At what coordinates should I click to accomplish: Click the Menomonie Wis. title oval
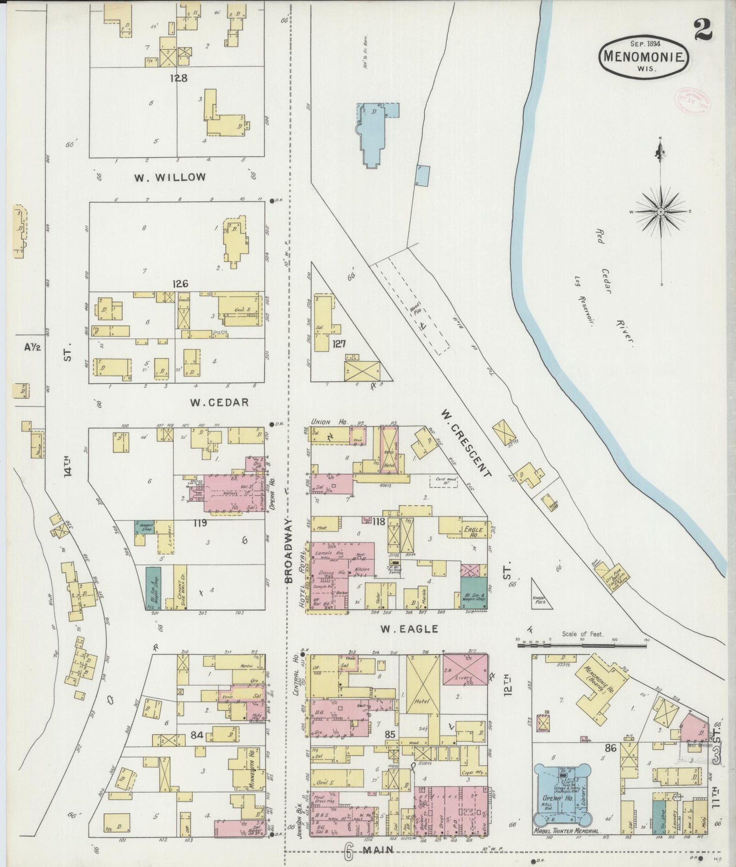(644, 57)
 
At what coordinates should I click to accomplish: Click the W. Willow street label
(170, 177)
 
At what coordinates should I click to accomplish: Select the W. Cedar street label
(219, 402)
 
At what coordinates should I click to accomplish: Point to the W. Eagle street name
(409, 629)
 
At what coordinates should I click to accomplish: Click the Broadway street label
(289, 551)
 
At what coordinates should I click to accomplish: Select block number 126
(180, 284)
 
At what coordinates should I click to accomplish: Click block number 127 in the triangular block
(339, 344)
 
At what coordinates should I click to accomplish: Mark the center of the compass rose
(661, 211)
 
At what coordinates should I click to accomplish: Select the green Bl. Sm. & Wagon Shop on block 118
(474, 593)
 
